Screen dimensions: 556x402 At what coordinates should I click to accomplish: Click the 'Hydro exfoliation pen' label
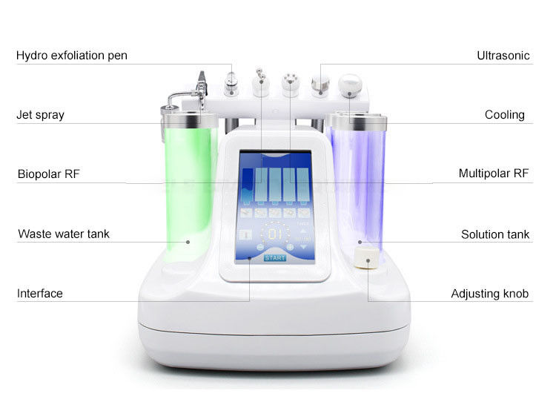(x=72, y=56)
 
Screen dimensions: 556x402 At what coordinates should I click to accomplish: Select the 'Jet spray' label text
(x=41, y=115)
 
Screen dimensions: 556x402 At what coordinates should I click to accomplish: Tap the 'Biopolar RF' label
(x=49, y=174)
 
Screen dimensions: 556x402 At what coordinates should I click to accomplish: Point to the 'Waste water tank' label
(x=64, y=234)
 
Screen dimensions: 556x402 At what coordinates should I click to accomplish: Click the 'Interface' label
(x=40, y=294)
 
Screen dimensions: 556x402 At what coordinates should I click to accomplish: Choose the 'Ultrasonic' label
(x=503, y=56)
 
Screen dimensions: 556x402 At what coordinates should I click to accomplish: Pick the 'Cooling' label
(x=505, y=115)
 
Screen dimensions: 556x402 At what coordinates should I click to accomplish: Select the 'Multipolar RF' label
(x=494, y=174)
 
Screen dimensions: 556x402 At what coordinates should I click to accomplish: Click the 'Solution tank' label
(x=495, y=234)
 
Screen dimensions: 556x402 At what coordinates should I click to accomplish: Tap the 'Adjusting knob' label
(x=490, y=294)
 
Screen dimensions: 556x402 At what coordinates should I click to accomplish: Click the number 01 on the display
(x=275, y=234)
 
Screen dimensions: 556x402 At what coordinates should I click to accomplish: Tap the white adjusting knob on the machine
(x=367, y=257)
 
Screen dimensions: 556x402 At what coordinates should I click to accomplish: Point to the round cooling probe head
(x=350, y=85)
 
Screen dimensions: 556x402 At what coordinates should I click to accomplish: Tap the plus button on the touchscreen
(x=290, y=247)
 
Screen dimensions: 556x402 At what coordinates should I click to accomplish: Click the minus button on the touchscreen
(x=260, y=247)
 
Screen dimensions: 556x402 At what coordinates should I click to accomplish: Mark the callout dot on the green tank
(x=188, y=242)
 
